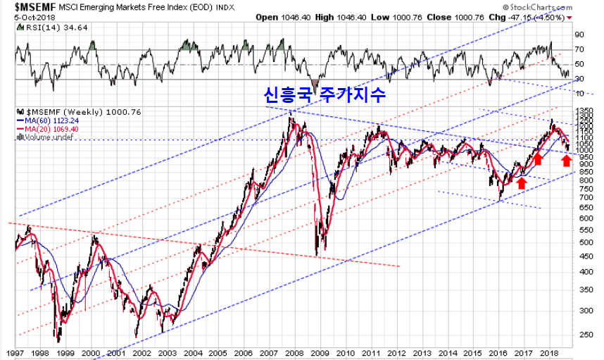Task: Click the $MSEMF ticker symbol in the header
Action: click(x=27, y=6)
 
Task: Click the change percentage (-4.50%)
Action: click(x=572, y=17)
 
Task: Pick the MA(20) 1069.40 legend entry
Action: click(x=47, y=128)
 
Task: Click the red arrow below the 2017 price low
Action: click(x=521, y=182)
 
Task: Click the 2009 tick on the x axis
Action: click(x=321, y=352)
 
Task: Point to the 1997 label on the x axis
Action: click(x=13, y=352)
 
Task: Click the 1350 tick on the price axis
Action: click(x=584, y=111)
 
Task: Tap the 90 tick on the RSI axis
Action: click(x=579, y=34)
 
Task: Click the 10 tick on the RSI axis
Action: click(x=579, y=93)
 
